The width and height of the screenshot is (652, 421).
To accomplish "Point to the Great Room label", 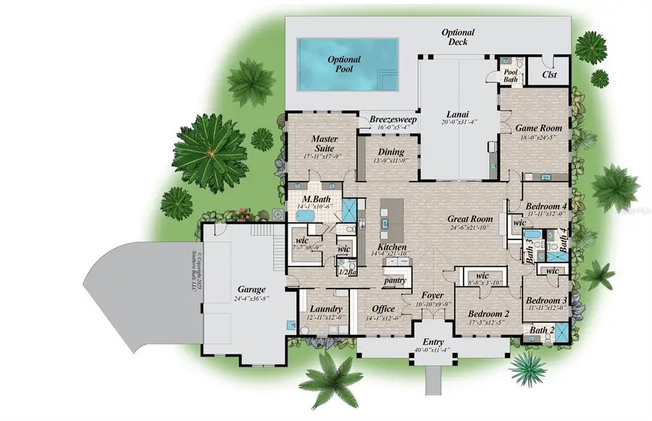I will point(470,218).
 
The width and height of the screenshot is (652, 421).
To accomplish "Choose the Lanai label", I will point(456,113).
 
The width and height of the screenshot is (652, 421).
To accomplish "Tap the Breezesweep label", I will point(391,119).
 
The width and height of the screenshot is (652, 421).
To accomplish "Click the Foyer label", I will point(432,295).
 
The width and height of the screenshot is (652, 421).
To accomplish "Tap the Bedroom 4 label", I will point(546,205).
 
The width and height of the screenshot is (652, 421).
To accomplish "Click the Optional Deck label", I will point(458,37).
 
